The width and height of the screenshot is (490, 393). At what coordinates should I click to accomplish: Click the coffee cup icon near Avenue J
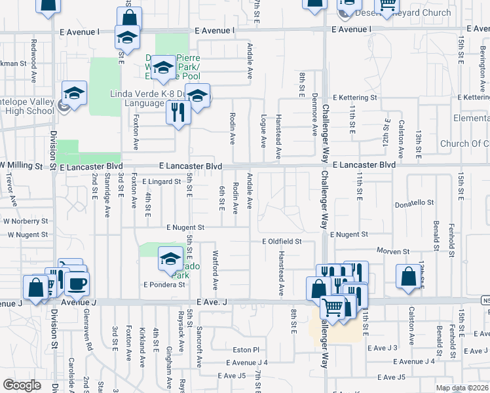[x=77, y=282]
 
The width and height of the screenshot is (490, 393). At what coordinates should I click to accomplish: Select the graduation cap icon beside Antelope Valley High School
[x=75, y=92]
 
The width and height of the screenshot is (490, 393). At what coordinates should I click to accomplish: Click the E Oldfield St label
[x=282, y=242]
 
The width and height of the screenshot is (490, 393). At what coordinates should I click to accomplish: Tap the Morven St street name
[x=393, y=251]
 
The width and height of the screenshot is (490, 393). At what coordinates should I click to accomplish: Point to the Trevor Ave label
[x=9, y=186]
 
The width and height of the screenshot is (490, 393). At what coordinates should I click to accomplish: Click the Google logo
[x=22, y=385]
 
